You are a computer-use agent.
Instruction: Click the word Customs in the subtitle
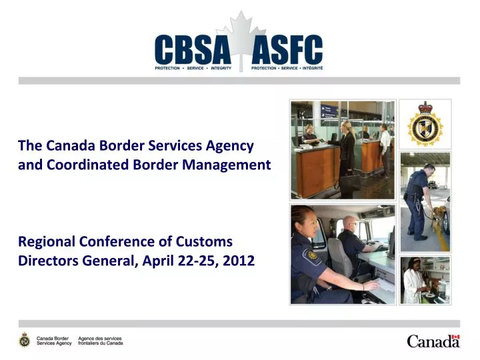click(207, 241)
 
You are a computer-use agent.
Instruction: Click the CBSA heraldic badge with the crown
click(425, 124)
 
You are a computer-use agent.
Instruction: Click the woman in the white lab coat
click(413, 283)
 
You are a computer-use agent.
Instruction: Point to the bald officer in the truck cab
click(352, 240)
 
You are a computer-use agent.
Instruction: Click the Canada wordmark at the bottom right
click(433, 341)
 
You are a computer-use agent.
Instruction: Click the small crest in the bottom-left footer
click(25, 340)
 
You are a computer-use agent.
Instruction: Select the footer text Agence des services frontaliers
click(100, 340)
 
